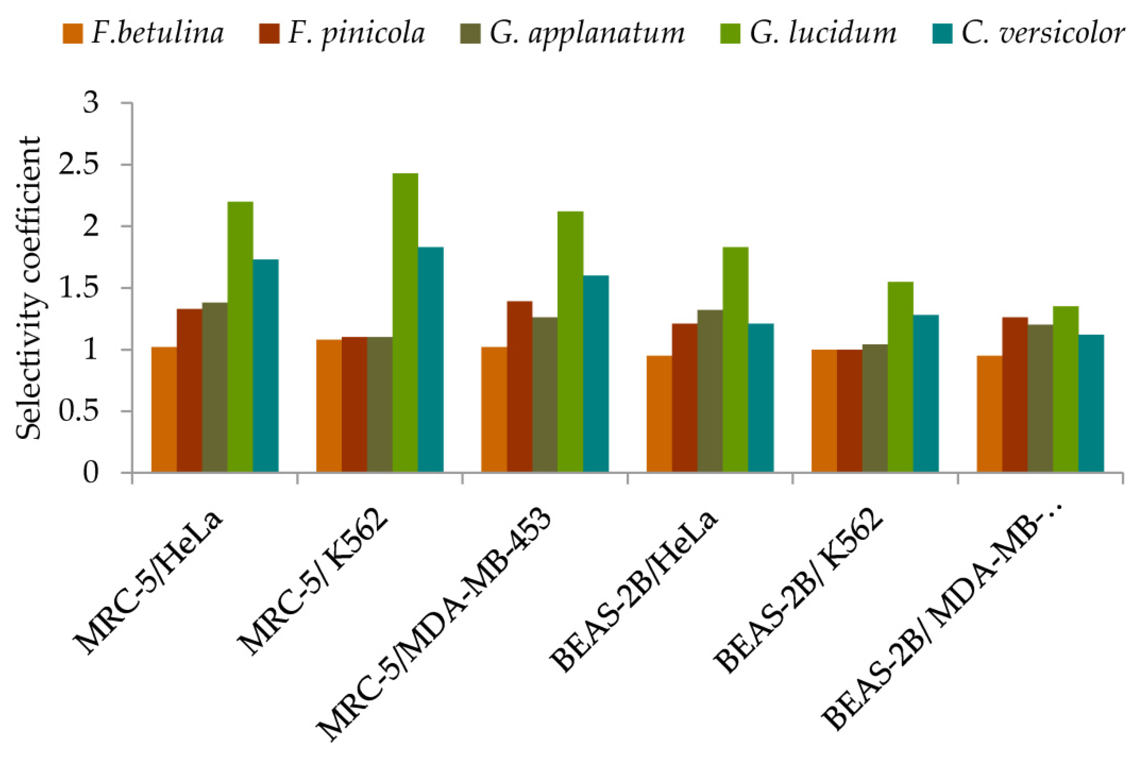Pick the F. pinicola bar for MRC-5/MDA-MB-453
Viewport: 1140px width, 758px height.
[x=519, y=387]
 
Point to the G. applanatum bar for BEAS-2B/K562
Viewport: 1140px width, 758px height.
[x=875, y=408]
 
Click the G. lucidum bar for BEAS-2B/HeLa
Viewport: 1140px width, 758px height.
[x=736, y=360]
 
